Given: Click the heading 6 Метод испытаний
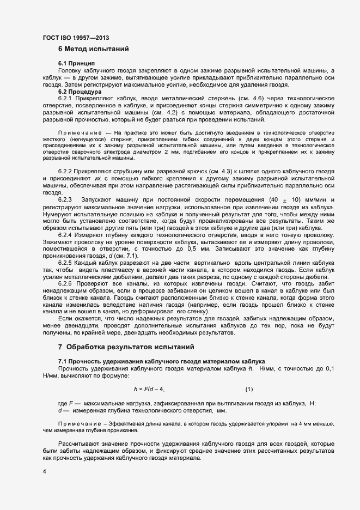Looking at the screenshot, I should [94, 50].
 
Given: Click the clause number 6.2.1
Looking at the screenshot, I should [66, 98].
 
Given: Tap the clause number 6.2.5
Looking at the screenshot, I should [66, 263].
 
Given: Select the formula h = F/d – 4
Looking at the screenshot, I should [149, 389].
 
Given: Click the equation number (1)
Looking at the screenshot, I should [249, 389].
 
